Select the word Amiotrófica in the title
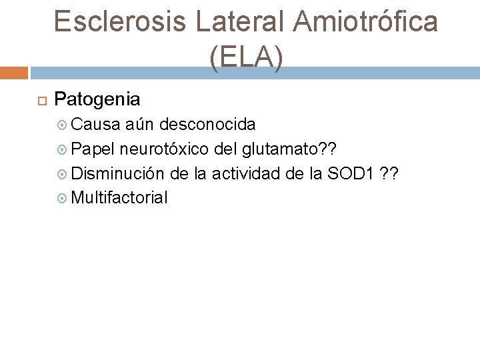[x=365, y=21]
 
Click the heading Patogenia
[x=97, y=99]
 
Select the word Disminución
[x=117, y=173]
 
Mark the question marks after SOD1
[x=389, y=173]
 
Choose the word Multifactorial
[x=119, y=198]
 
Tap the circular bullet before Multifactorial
[x=63, y=199]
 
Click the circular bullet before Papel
[x=63, y=149]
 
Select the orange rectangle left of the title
[x=14, y=73]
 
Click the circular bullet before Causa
[x=63, y=125]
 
